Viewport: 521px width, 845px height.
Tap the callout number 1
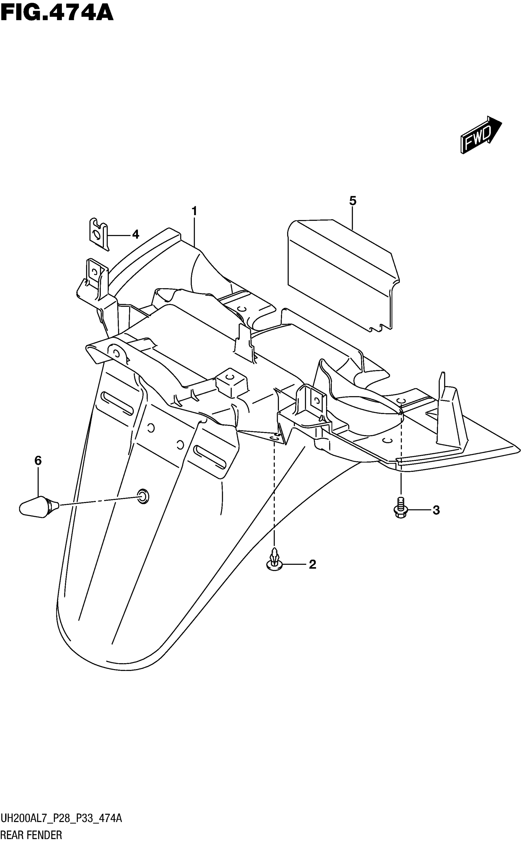[194, 211]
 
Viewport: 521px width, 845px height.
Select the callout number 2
[312, 564]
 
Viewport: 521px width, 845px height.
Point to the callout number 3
[436, 510]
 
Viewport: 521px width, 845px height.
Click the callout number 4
[136, 235]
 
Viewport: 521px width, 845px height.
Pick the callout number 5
[352, 201]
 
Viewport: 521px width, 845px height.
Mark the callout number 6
[38, 460]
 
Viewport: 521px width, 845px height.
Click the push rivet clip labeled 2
[275, 561]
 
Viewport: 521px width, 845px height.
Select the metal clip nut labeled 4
[98, 234]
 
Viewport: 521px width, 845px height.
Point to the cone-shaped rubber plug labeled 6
[38, 507]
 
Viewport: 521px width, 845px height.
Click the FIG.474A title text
[57, 13]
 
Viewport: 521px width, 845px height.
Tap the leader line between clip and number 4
[119, 235]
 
